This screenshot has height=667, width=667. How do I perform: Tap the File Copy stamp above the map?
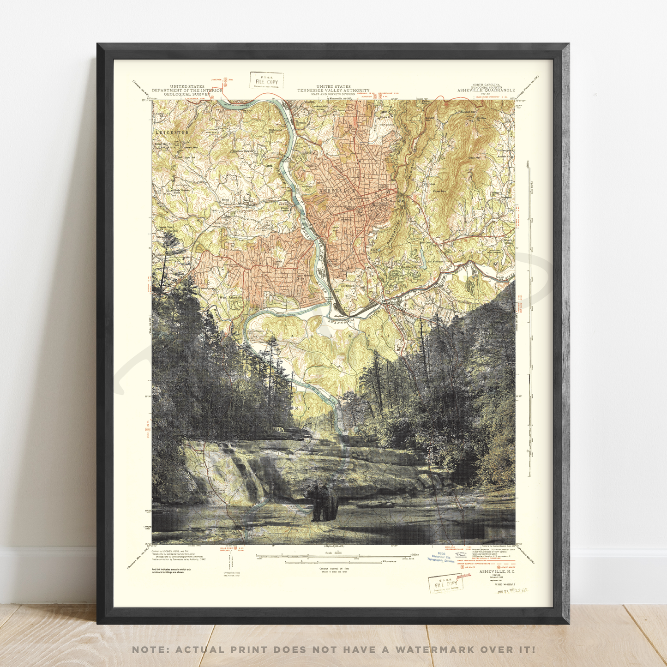coord(266,81)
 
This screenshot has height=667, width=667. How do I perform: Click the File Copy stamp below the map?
coord(445,584)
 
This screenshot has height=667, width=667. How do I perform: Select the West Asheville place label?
coord(231,298)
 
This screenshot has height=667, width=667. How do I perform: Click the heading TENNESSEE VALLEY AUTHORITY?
coord(333,90)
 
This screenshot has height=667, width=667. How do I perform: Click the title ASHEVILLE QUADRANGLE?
coord(486,90)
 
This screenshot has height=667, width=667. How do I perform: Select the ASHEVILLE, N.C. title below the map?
coord(497,571)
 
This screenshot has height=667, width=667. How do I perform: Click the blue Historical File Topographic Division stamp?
coord(441,558)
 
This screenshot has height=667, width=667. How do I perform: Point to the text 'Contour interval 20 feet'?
coord(334,569)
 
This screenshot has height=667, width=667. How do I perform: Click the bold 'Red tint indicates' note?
coord(171,570)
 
